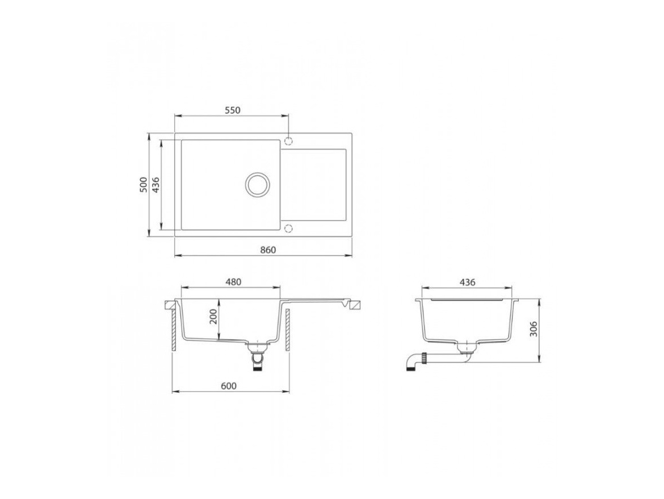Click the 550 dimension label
(233, 110)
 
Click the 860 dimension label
(268, 250)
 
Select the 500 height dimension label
(144, 185)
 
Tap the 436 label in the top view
(156, 185)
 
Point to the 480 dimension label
(233, 281)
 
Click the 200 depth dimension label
(213, 316)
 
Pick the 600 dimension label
(229, 386)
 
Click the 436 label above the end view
(467, 282)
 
